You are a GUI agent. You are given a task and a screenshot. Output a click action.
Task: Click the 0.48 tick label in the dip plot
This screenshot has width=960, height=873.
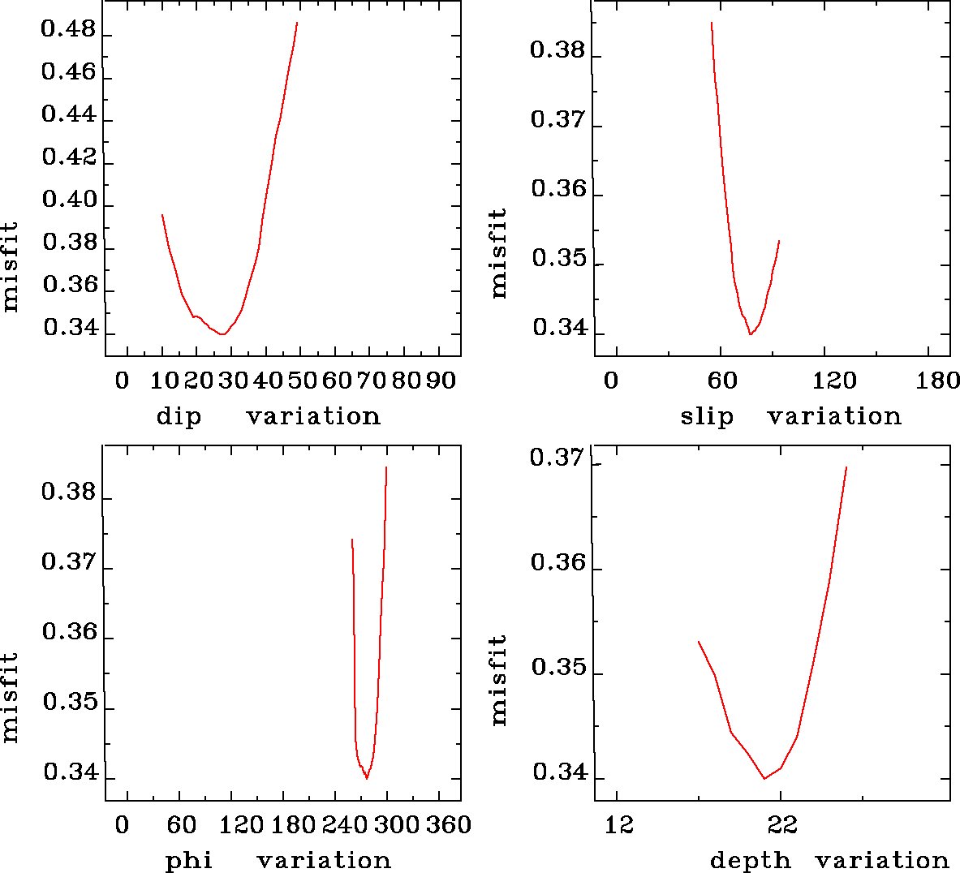[x=68, y=31]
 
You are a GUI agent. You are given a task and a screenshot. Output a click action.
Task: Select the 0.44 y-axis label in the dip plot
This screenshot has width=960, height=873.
[x=68, y=114]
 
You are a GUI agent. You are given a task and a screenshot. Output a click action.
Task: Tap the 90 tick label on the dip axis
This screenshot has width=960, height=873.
[x=441, y=381]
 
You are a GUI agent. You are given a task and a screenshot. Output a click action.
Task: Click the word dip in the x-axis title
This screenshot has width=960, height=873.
[x=179, y=416]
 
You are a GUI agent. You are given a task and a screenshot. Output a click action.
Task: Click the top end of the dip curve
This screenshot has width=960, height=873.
[x=297, y=23]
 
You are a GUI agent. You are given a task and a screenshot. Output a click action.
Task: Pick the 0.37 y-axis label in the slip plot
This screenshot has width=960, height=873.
[x=557, y=120]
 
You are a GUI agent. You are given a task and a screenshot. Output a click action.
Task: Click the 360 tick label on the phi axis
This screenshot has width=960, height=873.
[x=449, y=825]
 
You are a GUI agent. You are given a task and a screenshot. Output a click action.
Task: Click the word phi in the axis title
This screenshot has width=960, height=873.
[x=188, y=860]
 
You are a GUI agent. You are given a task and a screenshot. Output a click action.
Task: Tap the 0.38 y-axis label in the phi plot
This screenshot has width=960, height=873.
[x=69, y=492]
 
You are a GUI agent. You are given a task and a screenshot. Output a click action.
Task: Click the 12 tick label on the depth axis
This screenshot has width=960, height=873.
[x=619, y=825]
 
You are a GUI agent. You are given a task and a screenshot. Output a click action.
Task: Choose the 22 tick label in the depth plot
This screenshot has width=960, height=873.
[x=781, y=825]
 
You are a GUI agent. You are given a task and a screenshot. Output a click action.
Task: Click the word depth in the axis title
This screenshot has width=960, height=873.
[x=750, y=860]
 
